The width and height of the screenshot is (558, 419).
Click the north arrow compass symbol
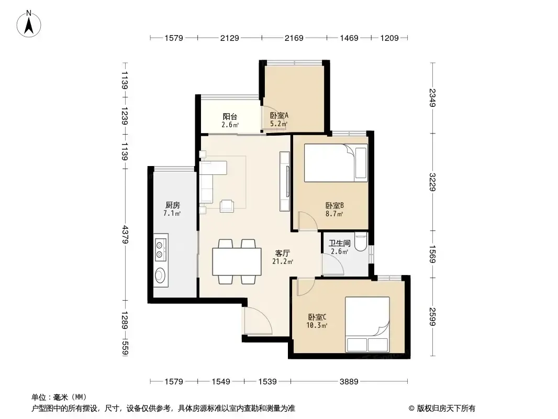click(x=29, y=24)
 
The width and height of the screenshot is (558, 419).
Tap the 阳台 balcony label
click(x=230, y=116)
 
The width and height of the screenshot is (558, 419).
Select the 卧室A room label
click(x=279, y=115)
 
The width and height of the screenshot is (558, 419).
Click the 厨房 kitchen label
click(x=173, y=205)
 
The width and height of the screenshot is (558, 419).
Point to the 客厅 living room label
click(x=283, y=253)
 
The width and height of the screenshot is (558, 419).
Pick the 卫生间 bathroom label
click(x=340, y=243)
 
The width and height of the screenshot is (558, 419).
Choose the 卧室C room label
click(x=317, y=317)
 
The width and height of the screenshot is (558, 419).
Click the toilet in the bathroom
click(x=361, y=242)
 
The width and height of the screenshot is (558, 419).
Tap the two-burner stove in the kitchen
click(x=161, y=249)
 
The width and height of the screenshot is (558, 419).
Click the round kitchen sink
click(x=161, y=275)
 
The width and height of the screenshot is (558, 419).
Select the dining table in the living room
click(x=237, y=262)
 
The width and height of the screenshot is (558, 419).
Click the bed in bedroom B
click(x=336, y=163)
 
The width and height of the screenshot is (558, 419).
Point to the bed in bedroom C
click(x=367, y=324)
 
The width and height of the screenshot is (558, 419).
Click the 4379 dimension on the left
click(x=125, y=234)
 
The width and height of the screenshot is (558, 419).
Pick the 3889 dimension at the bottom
click(x=349, y=382)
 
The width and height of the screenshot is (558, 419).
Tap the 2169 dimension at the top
click(x=294, y=38)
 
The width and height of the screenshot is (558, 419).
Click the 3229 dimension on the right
click(x=432, y=182)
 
